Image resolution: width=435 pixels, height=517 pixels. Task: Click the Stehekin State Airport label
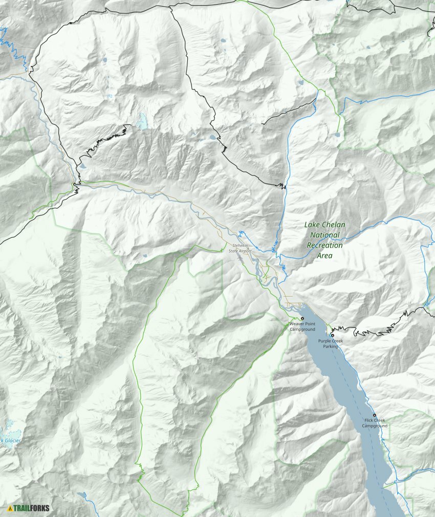(242, 248)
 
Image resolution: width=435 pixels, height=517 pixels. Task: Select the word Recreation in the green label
(325, 245)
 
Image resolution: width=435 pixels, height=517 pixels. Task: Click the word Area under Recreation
(324, 255)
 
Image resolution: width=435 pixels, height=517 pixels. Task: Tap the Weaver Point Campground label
(302, 327)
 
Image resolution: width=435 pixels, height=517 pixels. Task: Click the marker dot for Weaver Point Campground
(302, 319)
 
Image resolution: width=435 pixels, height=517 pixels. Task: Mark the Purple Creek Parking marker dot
(332, 335)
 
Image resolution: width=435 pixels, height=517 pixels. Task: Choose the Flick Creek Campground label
(375, 423)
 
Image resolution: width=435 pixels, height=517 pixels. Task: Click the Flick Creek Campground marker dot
(374, 415)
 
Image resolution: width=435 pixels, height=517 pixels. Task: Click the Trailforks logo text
(32, 508)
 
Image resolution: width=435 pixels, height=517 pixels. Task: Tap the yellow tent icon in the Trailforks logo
(10, 508)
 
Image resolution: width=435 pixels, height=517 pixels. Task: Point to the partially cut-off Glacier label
(9, 440)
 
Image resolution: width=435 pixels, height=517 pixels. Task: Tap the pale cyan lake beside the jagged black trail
(141, 122)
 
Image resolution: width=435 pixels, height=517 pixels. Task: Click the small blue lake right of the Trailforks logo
(82, 495)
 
